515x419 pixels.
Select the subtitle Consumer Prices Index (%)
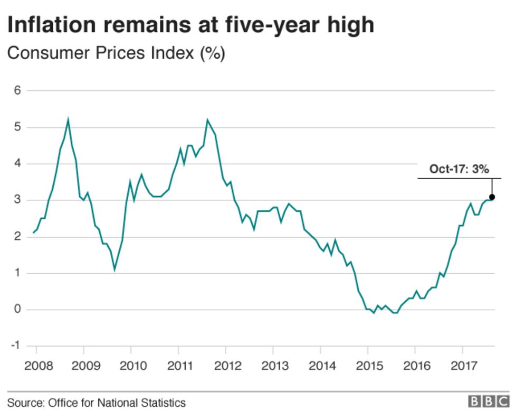click(116, 53)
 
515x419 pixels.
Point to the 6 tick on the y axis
click(17, 91)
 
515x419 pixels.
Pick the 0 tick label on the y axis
click(17, 310)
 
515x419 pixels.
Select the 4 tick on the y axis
click(17, 164)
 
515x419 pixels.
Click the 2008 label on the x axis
click(36, 366)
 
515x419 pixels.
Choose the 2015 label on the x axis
click(367, 366)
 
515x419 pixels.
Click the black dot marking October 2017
click(492, 197)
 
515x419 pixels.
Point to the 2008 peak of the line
click(68, 120)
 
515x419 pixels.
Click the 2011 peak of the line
click(207, 120)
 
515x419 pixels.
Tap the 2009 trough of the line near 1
click(115, 269)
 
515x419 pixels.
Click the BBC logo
click(488, 403)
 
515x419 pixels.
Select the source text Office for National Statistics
click(117, 403)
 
